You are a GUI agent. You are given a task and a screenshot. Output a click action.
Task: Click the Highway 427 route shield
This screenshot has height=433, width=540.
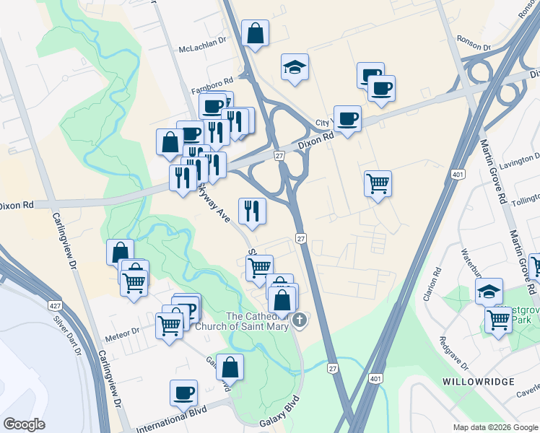coord(55,306)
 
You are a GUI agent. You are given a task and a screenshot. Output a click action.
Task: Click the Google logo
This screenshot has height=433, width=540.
coord(25,424)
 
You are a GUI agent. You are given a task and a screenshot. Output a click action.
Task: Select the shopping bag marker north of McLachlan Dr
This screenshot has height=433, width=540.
coord(255,32)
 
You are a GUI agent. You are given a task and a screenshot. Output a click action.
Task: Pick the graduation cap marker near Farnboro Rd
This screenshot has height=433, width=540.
coord(295,67)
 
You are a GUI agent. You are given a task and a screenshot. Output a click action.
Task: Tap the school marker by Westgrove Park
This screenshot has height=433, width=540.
coord(489,292)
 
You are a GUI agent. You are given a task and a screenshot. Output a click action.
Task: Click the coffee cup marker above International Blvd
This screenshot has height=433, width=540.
coord(183,393)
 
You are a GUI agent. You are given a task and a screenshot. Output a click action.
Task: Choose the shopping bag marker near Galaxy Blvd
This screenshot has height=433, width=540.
coord(230,367)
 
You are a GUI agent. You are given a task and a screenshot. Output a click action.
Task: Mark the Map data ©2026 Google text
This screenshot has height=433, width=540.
coord(495,427)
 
